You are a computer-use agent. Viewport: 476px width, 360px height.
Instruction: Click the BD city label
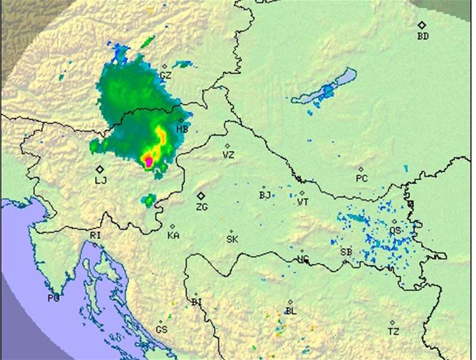[x=423, y=36]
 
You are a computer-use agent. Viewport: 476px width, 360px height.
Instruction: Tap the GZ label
[x=166, y=76]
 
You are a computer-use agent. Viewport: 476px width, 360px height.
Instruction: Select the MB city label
[x=182, y=129]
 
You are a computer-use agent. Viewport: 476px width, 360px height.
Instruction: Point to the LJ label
[x=100, y=180]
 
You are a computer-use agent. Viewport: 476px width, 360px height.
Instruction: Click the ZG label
[x=202, y=207]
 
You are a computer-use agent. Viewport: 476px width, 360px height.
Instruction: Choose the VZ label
[x=228, y=155]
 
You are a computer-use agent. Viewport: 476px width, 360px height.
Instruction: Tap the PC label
[x=361, y=178]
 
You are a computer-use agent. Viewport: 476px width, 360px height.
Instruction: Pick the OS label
[x=395, y=230]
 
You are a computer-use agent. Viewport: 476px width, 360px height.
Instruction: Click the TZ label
[x=393, y=331]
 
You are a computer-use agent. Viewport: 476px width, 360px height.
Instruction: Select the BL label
[x=291, y=311]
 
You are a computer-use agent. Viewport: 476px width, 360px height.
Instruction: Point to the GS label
[x=161, y=330]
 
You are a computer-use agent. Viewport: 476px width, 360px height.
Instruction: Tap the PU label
[x=53, y=298]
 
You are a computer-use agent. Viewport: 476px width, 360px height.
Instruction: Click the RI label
[x=95, y=236]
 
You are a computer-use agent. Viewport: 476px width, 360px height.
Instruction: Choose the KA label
[x=173, y=235]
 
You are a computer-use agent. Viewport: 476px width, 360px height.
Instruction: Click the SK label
[x=232, y=239]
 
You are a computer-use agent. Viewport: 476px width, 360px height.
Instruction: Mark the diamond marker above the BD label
[x=422, y=25]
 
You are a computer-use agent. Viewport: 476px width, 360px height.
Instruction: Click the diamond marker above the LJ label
[x=100, y=169]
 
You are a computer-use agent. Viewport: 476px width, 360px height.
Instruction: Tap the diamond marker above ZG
[x=201, y=196]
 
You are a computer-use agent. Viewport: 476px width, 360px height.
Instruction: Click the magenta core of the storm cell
[x=148, y=160]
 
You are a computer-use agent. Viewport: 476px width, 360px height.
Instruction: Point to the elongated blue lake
[x=327, y=90]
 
